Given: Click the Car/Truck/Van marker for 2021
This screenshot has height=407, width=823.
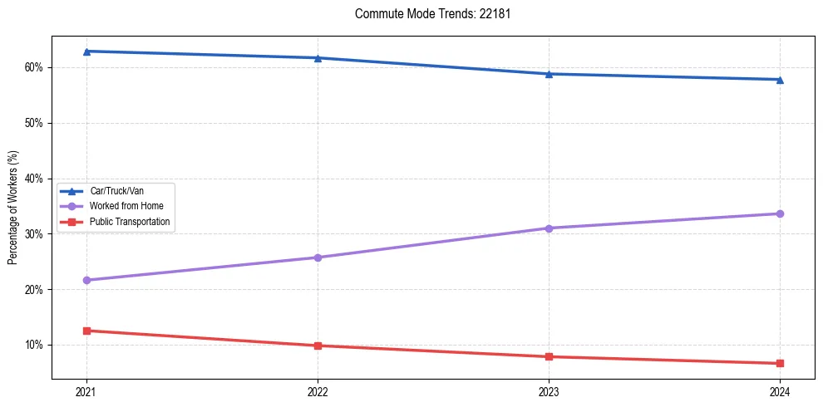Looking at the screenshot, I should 86,51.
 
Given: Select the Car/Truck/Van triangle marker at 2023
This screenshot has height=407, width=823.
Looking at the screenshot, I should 549,74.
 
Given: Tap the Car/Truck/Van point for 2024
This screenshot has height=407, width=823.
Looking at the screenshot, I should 780,80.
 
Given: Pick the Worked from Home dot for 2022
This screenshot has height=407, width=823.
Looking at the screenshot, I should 318,257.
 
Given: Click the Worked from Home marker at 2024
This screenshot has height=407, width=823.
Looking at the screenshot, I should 780,213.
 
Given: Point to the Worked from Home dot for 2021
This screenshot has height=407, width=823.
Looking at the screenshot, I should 86,280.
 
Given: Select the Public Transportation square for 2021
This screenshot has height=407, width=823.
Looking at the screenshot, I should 86,331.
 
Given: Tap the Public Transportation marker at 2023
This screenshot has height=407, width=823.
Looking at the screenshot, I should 549,357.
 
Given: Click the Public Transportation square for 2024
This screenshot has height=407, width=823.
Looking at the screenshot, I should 780,363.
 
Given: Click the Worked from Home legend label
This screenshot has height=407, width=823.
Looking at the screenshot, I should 126,206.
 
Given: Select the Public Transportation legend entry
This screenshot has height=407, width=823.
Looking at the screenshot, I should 130,222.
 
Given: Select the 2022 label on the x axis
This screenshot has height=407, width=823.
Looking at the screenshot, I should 318,392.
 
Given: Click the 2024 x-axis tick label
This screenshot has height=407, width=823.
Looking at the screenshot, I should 780,392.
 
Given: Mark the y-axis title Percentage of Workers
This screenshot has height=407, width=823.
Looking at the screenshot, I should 13,207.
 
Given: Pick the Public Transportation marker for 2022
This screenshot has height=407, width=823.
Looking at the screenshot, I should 318,346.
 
